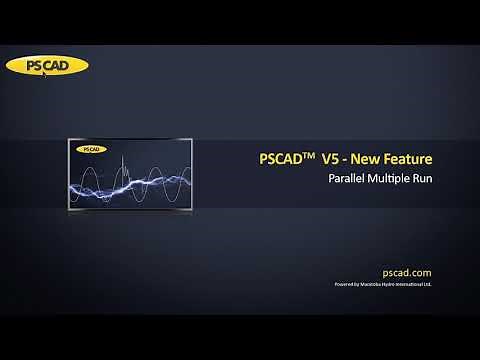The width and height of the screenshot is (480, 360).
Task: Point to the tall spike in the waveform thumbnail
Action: tap(121, 166)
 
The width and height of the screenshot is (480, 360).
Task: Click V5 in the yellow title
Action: tap(332, 160)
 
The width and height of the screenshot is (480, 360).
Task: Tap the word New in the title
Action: tap(374, 160)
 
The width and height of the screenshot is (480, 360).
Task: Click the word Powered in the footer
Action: tap(343, 285)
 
